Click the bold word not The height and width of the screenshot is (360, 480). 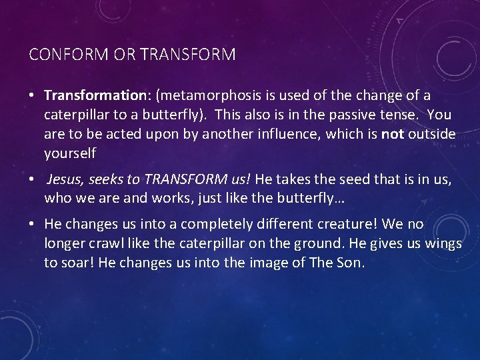point(392,134)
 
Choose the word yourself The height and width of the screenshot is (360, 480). point(70,153)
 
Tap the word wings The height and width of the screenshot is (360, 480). point(441,243)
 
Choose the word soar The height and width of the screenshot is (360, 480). point(77,263)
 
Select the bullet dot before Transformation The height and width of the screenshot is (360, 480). point(33,96)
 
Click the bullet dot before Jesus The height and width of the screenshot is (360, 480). point(33,179)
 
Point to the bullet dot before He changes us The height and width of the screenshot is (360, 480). point(33,225)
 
